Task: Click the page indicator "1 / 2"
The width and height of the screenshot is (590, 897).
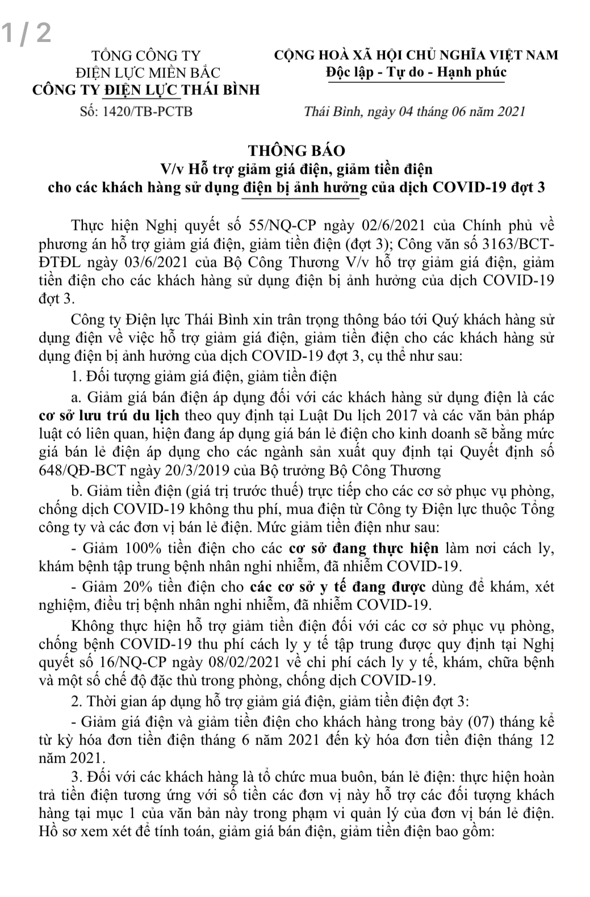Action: pos(26,33)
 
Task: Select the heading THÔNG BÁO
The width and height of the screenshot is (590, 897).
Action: pos(296,151)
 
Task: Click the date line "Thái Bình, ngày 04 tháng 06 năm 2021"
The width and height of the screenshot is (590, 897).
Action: pos(414,111)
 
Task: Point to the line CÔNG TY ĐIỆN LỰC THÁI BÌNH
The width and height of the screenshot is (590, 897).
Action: pos(146,90)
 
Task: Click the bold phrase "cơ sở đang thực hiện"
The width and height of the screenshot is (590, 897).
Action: pos(364,549)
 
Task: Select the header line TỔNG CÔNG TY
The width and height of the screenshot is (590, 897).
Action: pos(147,56)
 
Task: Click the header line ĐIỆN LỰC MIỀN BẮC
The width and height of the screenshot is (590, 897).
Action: pos(148,73)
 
